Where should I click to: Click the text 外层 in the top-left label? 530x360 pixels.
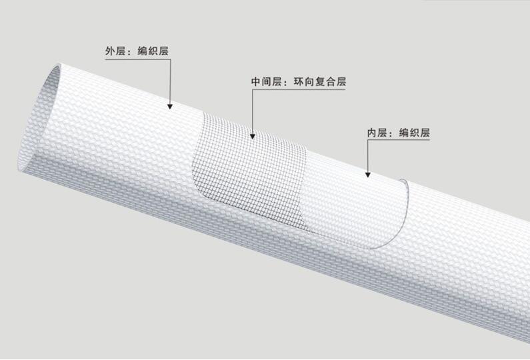point(115,51)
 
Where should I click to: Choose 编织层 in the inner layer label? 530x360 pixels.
point(414,133)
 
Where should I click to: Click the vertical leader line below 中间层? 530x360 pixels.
point(253,113)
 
